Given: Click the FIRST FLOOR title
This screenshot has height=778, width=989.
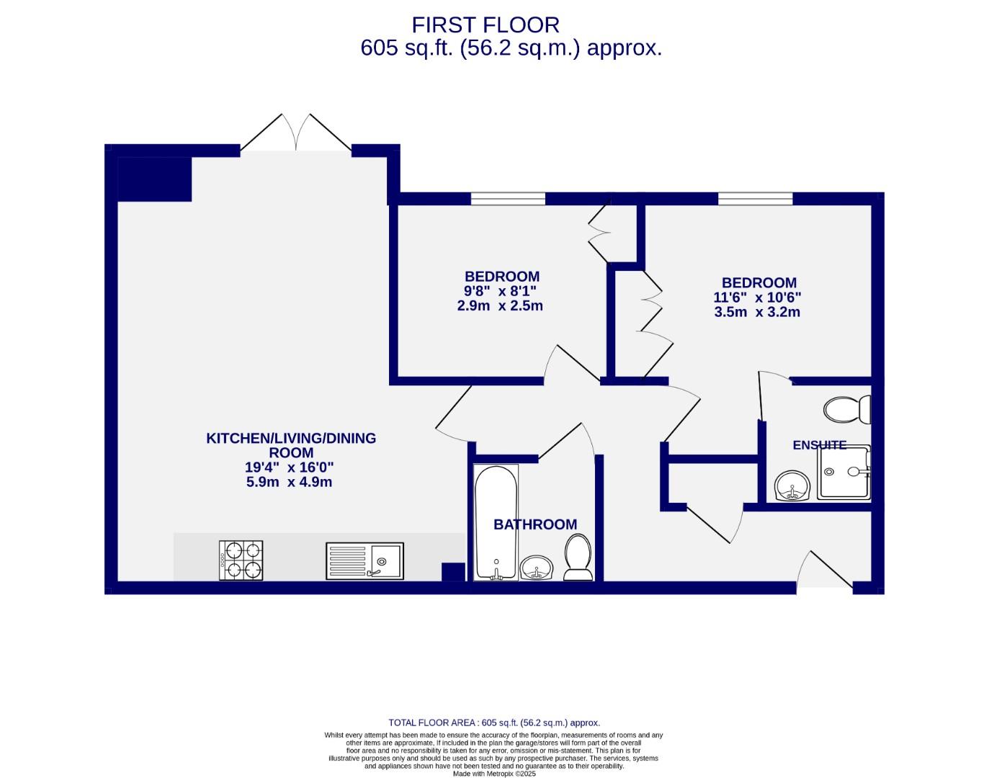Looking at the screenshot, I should click(485, 25).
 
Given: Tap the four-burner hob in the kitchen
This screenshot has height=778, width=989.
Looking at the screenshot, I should click(241, 560).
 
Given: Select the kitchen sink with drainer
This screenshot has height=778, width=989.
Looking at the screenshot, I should click(364, 560).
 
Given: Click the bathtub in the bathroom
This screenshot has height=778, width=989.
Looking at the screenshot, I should click(496, 522).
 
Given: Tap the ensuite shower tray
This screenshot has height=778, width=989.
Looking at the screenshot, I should click(843, 473).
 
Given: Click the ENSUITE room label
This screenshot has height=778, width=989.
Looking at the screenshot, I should click(819, 445).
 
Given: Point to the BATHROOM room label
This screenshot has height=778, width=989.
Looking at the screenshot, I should click(534, 525).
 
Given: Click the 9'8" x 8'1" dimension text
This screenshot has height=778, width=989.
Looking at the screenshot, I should click(501, 291).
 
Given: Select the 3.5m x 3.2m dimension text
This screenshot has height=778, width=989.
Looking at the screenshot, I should click(757, 312).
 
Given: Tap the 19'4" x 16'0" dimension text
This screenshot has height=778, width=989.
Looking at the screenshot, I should click(290, 468).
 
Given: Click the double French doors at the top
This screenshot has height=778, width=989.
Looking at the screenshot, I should click(295, 133).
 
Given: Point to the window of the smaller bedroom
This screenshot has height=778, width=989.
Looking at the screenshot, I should click(508, 199).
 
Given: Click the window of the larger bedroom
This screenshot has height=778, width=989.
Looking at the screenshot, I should click(755, 199).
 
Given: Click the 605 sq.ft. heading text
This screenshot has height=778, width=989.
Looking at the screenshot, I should click(510, 48).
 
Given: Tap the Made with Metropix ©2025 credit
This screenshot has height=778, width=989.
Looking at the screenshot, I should click(493, 774).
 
